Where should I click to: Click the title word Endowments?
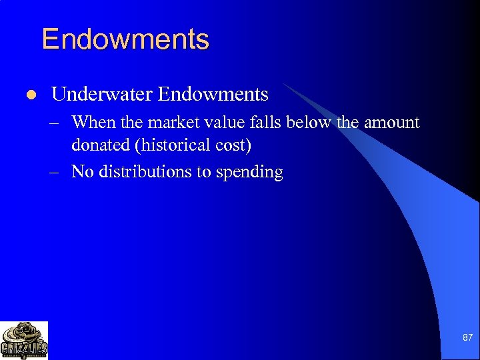pos(125,39)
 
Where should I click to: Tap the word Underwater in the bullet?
pos(102,95)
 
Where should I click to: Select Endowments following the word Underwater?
pos(213,95)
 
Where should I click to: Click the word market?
pos(171,123)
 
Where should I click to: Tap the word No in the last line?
pos(82,171)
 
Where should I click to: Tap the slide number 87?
pos(467,339)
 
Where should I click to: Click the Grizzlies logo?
pos(25,340)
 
